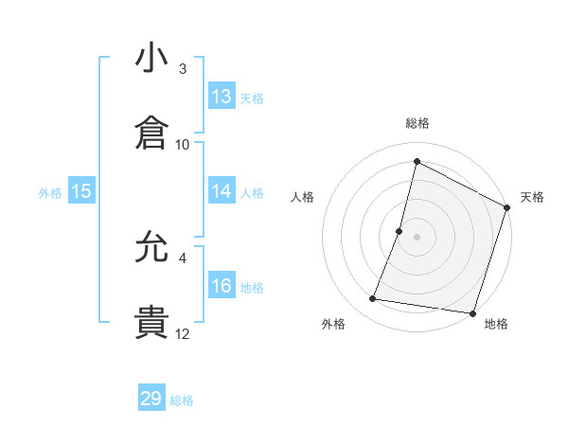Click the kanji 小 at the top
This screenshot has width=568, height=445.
(151, 60)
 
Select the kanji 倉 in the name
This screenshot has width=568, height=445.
(151, 133)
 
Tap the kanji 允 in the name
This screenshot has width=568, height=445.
(151, 250)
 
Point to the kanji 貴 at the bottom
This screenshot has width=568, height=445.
(151, 322)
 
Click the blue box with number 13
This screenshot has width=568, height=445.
(222, 97)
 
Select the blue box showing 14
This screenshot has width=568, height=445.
(222, 191)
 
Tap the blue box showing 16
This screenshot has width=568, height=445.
(222, 286)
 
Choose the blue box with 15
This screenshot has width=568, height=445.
(81, 191)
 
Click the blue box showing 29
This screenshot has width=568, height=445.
(151, 399)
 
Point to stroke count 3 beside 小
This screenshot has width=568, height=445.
(183, 69)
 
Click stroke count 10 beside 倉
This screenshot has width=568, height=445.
(183, 144)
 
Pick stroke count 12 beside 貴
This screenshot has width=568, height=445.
(183, 333)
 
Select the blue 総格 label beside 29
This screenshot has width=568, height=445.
(183, 400)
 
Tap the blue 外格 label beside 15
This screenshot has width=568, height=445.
(50, 193)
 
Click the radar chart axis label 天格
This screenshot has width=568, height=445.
(532, 197)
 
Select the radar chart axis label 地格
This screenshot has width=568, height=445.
(496, 325)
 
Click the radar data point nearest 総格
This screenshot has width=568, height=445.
(417, 162)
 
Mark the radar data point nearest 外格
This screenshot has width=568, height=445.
(373, 299)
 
